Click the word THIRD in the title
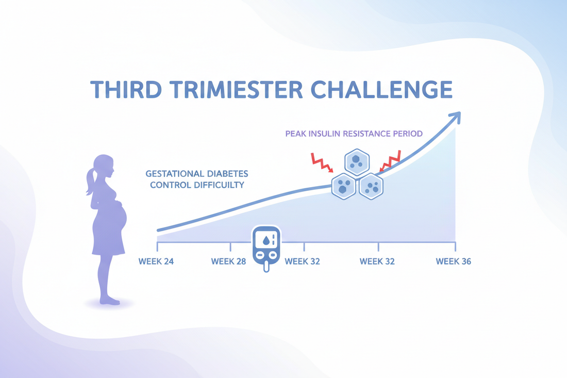point(126,89)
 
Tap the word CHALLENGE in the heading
point(381,89)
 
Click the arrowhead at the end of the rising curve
point(455,118)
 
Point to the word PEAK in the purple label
point(295,134)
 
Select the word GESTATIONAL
point(174,174)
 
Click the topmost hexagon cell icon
point(357,162)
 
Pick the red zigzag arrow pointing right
point(322,162)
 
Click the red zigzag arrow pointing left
point(390,161)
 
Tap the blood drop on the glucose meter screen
point(266,240)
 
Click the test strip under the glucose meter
point(266,267)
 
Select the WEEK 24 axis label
point(156,261)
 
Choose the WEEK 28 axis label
point(228,261)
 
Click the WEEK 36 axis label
point(454,261)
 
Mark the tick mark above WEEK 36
point(455,246)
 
